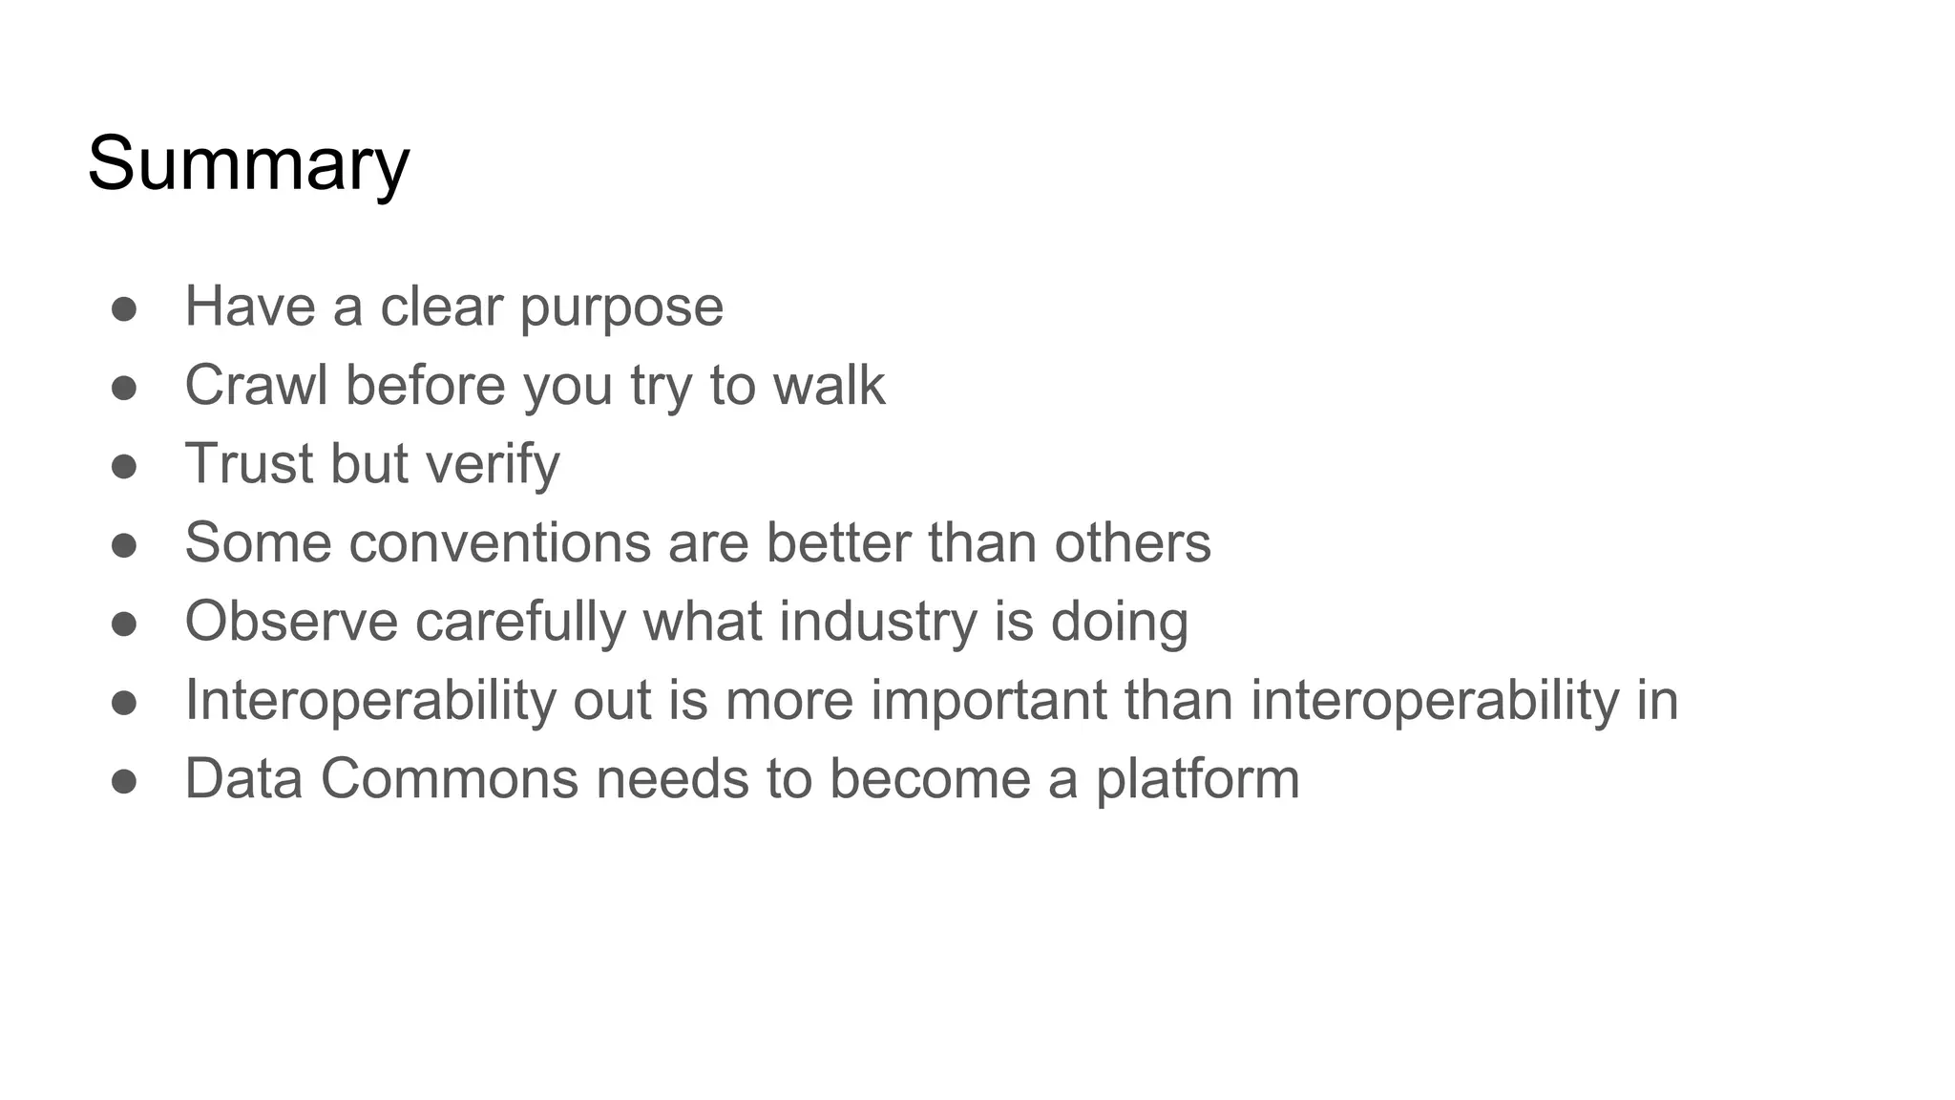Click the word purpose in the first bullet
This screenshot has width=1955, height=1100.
tap(621, 307)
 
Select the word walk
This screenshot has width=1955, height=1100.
tap(829, 385)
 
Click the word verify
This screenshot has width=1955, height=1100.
tap(493, 464)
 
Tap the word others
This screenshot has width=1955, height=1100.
tap(1132, 542)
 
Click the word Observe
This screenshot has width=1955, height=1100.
tap(291, 622)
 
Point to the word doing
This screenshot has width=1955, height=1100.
tap(1120, 622)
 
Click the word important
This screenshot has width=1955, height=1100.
tap(989, 700)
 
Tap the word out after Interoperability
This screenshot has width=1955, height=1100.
tap(611, 700)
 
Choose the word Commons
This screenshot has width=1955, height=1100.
tap(450, 779)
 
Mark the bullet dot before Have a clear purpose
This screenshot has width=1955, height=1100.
tap(124, 309)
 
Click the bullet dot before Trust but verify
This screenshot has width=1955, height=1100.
tap(124, 467)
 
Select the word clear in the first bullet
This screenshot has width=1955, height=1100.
tap(441, 307)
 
